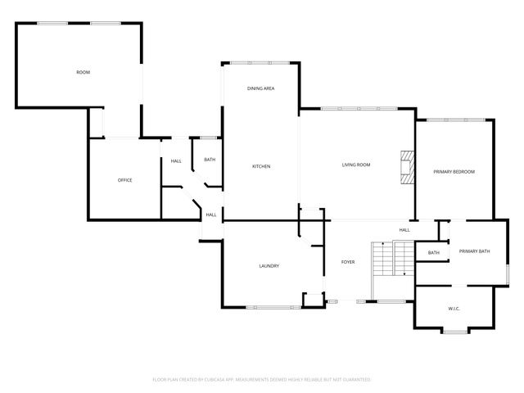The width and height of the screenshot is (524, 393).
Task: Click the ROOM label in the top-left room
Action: click(x=83, y=73)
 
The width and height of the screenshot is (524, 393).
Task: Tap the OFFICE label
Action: click(x=124, y=180)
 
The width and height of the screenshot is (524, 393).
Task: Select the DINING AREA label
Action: click(x=260, y=88)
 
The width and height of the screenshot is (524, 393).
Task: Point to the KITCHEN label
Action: click(x=261, y=166)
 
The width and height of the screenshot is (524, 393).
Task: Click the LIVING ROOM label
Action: click(x=356, y=165)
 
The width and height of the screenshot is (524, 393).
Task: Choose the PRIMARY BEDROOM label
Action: click(x=454, y=171)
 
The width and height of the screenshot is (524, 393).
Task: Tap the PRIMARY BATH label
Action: click(x=474, y=251)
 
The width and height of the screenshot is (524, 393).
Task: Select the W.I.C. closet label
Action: click(x=455, y=308)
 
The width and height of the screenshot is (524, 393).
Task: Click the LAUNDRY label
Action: click(x=269, y=265)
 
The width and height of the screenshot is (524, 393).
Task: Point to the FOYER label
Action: click(x=348, y=262)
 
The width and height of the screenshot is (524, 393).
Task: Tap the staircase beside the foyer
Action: click(x=383, y=260)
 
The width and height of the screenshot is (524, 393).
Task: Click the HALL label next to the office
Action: click(x=176, y=160)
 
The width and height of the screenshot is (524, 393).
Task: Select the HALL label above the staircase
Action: click(x=404, y=230)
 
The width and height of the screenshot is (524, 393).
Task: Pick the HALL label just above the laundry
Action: click(x=210, y=215)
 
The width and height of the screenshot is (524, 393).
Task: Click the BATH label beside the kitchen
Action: click(x=210, y=160)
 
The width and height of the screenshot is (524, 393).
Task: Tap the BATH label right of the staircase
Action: click(x=433, y=253)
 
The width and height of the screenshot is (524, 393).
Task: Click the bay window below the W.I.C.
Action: click(x=455, y=331)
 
